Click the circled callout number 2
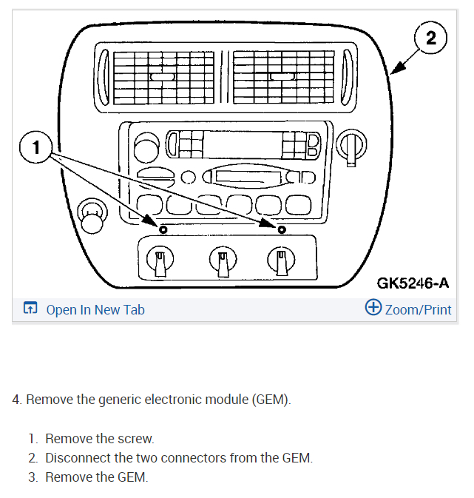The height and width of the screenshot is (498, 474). (x=433, y=39)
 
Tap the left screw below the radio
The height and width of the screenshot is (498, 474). (x=163, y=229)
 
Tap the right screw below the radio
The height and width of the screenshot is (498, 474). (x=282, y=229)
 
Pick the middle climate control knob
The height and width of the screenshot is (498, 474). (x=221, y=260)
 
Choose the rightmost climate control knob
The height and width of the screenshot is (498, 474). (x=280, y=260)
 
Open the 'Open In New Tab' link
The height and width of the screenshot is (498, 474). (x=95, y=309)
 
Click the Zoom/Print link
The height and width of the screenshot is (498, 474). (x=418, y=309)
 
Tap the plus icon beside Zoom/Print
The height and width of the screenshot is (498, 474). (x=373, y=308)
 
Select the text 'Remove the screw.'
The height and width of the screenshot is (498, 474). (x=99, y=439)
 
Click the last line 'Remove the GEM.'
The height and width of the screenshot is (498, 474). (x=96, y=477)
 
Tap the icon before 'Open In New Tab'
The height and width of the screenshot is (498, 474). (x=30, y=309)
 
